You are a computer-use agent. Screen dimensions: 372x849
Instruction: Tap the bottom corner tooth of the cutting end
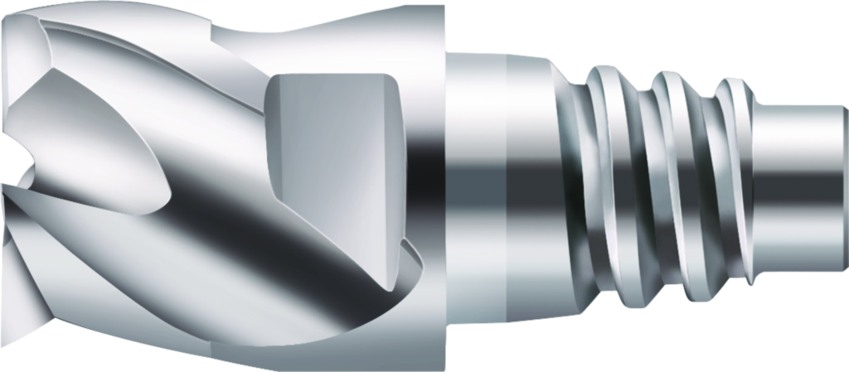pos(17,331)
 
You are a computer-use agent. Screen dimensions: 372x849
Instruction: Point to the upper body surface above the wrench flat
pos(332,41)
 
